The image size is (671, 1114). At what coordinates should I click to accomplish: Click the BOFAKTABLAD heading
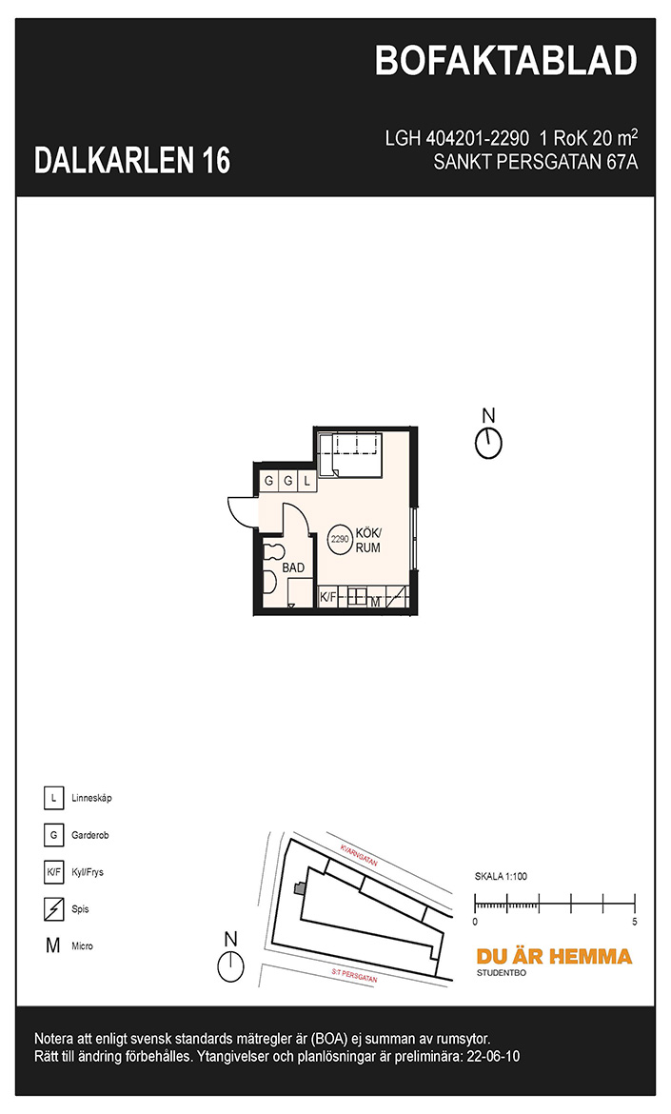point(505,61)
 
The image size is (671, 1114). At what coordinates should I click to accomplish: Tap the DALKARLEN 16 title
point(132,161)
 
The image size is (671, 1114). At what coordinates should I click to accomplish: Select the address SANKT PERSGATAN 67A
point(536,162)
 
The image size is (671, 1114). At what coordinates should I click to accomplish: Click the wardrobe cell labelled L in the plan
point(306,481)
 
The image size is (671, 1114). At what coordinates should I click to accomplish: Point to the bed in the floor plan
point(350,455)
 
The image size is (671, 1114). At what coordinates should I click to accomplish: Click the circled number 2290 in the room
point(340,539)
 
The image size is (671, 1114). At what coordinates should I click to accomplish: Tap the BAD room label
point(292,567)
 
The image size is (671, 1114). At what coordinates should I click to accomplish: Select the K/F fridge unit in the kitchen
point(327,598)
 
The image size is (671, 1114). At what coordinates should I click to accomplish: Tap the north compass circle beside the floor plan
point(488,444)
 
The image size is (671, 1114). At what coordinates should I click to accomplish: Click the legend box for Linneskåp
point(53,798)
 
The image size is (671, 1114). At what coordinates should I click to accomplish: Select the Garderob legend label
point(90,835)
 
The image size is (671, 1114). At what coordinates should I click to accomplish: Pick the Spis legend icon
point(53,908)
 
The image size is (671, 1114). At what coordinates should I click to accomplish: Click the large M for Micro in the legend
point(53,945)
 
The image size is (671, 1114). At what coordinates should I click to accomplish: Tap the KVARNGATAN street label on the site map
point(359,855)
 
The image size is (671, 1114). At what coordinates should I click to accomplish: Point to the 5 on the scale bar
point(634,922)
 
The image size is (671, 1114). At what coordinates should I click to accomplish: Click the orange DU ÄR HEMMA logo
point(554,956)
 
